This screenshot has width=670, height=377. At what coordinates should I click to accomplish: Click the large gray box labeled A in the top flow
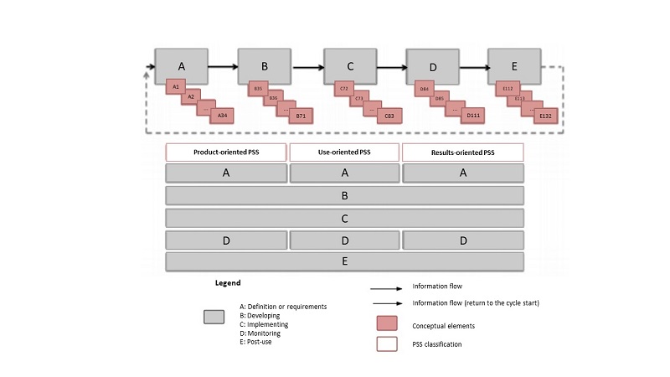181,65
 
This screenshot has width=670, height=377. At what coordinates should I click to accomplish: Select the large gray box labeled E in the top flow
513,65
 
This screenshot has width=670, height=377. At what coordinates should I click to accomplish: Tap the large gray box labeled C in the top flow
350,65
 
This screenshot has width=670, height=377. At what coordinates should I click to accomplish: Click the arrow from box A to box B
223,66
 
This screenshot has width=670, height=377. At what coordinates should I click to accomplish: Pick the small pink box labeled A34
221,116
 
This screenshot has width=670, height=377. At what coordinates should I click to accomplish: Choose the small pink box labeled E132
545,116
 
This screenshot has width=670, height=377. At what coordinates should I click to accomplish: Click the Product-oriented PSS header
226,152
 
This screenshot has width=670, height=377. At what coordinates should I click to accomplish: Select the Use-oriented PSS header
345,152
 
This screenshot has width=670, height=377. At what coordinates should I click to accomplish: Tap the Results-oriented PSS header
463,152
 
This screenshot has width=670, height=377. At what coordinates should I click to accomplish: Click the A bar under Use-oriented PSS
345,173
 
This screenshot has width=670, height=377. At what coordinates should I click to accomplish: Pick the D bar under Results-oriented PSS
463,240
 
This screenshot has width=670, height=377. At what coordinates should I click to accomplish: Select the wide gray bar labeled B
345,196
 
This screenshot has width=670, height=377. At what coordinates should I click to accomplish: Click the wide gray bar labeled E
345,261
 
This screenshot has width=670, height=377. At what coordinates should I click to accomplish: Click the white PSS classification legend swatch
386,344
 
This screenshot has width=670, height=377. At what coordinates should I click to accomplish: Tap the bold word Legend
228,284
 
